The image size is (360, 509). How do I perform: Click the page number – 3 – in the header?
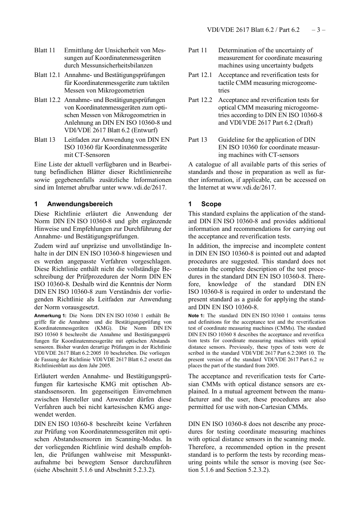coord(318,30)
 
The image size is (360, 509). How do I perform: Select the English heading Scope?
coord(211,204)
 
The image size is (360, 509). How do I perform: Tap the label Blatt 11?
coord(45,50)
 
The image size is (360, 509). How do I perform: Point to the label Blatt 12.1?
coord(47,75)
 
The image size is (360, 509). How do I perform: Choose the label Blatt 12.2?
coord(47,100)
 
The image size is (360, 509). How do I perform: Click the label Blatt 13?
coord(45,140)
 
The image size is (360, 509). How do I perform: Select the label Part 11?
coord(198,50)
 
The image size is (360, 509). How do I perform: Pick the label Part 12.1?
coord(200,75)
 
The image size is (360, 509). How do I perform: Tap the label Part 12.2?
coord(200,100)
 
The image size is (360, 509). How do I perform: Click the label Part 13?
coord(198,140)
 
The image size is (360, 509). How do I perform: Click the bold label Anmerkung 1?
coord(50,316)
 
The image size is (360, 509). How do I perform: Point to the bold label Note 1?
coord(196,316)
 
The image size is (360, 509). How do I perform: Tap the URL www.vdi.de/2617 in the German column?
coord(141,188)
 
